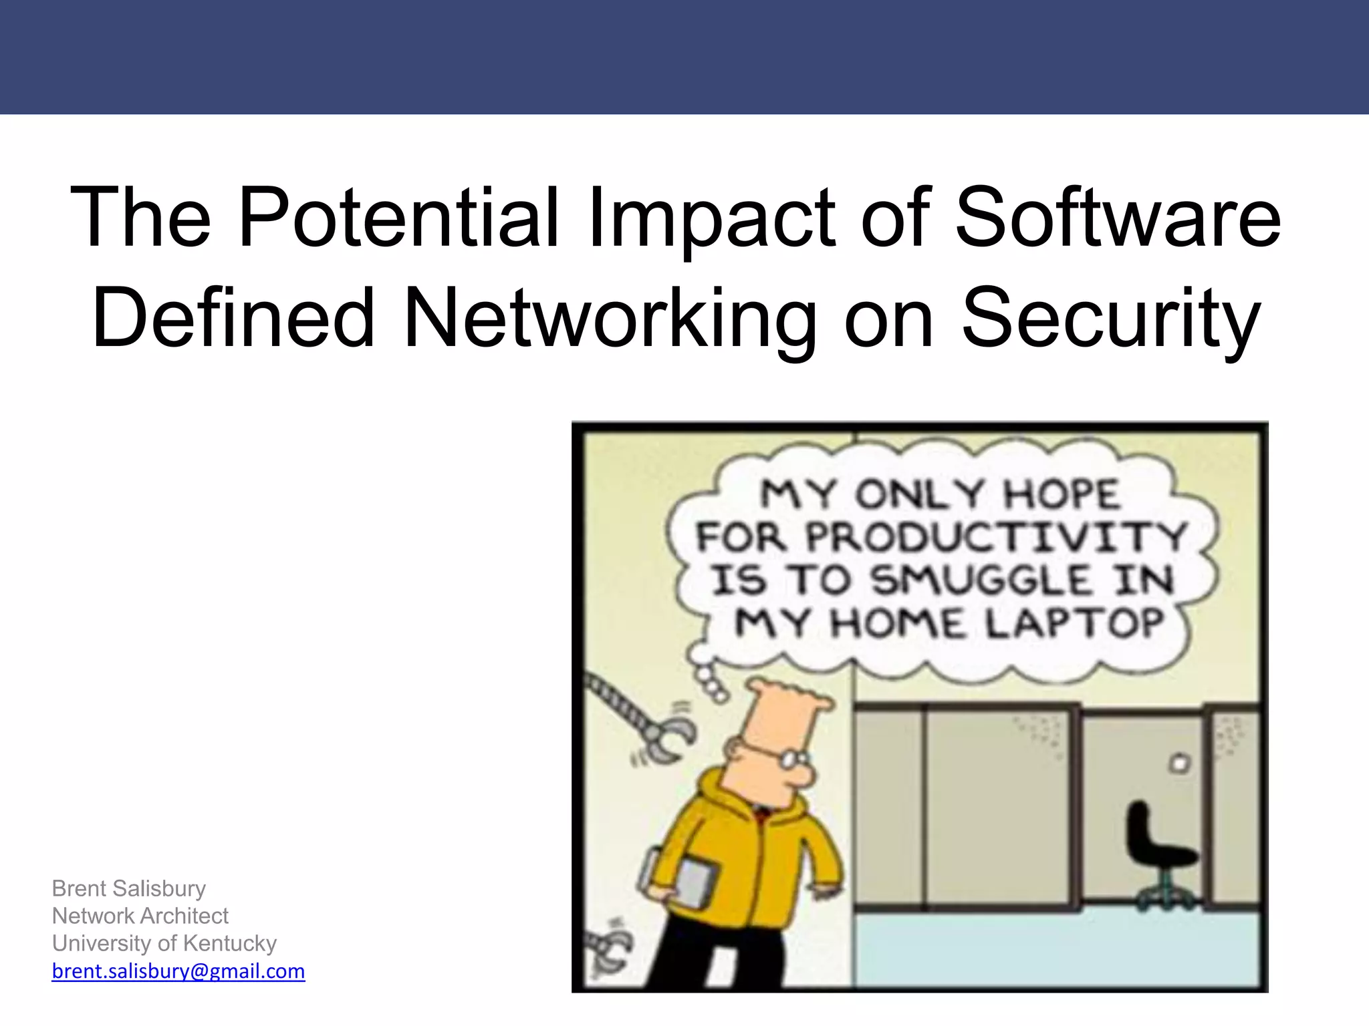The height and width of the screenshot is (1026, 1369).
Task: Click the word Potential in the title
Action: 399,218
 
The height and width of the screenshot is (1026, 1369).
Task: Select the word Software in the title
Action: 1118,218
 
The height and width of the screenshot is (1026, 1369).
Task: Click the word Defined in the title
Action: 233,318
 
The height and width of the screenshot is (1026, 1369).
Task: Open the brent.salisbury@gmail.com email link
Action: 178,971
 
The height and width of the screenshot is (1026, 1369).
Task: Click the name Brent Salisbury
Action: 129,888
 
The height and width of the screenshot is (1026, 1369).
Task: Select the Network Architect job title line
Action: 140,916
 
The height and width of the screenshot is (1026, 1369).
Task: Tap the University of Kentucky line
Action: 164,943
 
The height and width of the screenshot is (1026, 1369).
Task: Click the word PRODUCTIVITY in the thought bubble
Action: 996,536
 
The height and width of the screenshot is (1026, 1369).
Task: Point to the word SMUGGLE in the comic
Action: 981,580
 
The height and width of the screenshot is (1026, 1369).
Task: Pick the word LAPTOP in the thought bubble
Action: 1074,624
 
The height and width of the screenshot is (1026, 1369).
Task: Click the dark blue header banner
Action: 684,57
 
